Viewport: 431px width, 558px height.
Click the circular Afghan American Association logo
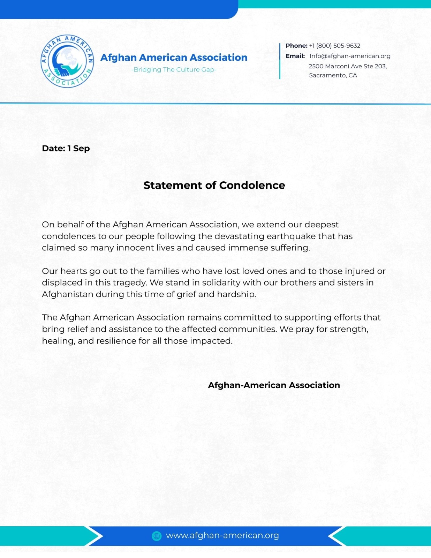pos(67,61)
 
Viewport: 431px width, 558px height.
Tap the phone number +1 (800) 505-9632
pos(334,46)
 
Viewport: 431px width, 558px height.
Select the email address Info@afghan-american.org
pos(350,56)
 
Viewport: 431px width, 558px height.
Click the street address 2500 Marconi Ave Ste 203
pos(348,66)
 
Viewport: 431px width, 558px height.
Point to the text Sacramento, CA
pos(333,75)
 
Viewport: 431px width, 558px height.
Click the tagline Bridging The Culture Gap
pos(174,70)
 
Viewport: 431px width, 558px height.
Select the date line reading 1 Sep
pos(66,149)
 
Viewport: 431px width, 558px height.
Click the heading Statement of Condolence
pos(214,185)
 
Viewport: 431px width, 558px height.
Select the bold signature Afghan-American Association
pos(274,385)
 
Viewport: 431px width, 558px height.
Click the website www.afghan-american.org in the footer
pos(222,536)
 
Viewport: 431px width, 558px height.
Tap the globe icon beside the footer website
pos(157,536)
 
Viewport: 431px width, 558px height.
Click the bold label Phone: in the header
pos(296,46)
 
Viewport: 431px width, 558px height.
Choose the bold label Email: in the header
pos(295,56)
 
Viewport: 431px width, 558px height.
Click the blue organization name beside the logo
pos(174,58)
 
